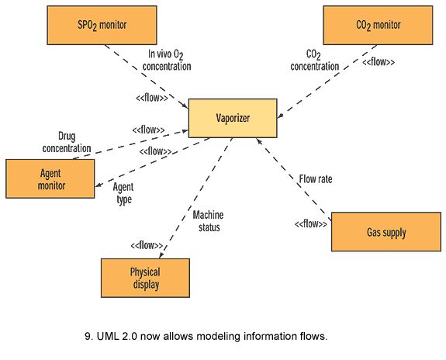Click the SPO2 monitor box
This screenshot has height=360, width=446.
click(x=102, y=25)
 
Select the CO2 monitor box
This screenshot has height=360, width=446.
click(x=378, y=25)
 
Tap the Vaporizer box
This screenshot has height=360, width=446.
click(x=233, y=118)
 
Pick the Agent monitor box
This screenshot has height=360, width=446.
click(x=50, y=178)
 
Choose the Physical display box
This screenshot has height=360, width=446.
click(x=145, y=278)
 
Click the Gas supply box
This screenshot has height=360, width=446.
click(x=386, y=232)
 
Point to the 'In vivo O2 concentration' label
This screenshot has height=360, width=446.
click(x=167, y=60)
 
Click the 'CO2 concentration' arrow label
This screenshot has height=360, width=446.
click(x=315, y=60)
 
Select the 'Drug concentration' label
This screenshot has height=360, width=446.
click(x=67, y=142)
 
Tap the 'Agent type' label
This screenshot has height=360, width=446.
click(x=123, y=193)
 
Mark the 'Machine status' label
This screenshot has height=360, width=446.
click(x=208, y=221)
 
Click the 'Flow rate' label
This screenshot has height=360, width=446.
click(x=316, y=179)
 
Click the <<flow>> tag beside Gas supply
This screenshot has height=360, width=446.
click(x=311, y=224)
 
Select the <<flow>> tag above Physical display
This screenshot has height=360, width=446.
click(x=147, y=245)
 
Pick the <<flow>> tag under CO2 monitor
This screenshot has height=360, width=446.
click(x=379, y=62)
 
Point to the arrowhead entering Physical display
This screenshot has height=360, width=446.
click(x=161, y=255)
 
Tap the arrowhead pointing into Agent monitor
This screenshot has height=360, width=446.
click(x=99, y=185)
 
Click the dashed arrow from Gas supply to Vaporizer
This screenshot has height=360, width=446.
click(x=294, y=179)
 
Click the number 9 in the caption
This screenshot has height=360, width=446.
click(x=88, y=337)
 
